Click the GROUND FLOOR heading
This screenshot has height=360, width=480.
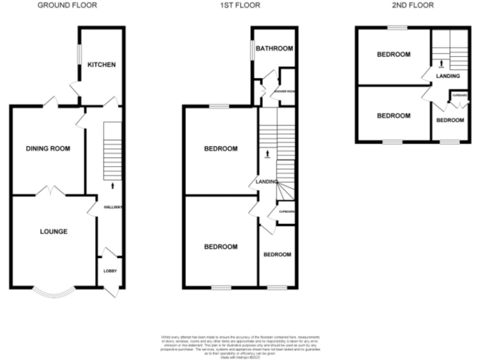click(67, 6)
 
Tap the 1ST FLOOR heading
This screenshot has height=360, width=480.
click(239, 6)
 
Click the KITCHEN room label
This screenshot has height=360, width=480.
click(101, 65)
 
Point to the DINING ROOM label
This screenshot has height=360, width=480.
click(47, 149)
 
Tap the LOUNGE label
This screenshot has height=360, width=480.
click(54, 232)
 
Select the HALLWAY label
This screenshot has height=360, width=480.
click(114, 207)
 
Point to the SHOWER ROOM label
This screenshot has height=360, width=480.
click(284, 90)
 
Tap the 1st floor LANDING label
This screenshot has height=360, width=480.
click(266, 182)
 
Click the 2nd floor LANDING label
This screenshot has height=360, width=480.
click(448, 76)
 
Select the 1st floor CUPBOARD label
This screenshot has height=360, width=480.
click(286, 212)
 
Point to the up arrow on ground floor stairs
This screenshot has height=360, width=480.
click(113, 185)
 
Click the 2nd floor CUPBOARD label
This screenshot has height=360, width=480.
click(459, 95)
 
